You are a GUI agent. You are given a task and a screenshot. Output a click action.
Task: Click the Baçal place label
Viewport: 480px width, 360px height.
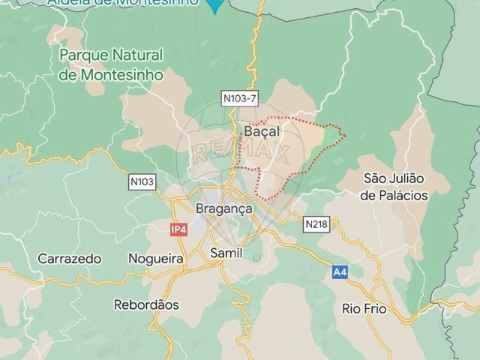pos(262,132)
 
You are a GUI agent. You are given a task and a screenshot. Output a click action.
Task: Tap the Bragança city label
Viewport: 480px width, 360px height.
pos(223,208)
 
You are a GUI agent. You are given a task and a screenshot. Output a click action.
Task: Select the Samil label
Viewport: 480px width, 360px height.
pos(226,253)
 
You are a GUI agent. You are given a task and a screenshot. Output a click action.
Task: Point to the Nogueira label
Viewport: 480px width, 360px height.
pos(156,259)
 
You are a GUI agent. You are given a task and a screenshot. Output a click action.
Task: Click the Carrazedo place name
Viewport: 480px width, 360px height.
pos(70,259)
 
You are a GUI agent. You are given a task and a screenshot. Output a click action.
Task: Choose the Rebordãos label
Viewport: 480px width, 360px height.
pos(146,305)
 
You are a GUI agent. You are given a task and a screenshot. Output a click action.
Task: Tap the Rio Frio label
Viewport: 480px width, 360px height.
pos(364,308)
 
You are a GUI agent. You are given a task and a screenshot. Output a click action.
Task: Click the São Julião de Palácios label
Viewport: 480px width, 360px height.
pos(394,187)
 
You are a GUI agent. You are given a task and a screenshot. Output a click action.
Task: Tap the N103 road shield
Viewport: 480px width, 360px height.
pos(142,181)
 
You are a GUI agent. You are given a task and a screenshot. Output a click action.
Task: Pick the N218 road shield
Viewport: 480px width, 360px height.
pos(316,224)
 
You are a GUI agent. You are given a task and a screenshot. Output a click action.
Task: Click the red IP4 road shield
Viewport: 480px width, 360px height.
pos(178,229)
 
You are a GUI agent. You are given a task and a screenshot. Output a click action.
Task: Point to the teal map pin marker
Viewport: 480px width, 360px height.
pos(215,6)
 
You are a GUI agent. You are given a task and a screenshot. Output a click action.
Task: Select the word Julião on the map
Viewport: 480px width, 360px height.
pos(406,178)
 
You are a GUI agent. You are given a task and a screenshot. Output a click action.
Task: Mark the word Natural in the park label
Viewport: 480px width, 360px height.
pos(136,55)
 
